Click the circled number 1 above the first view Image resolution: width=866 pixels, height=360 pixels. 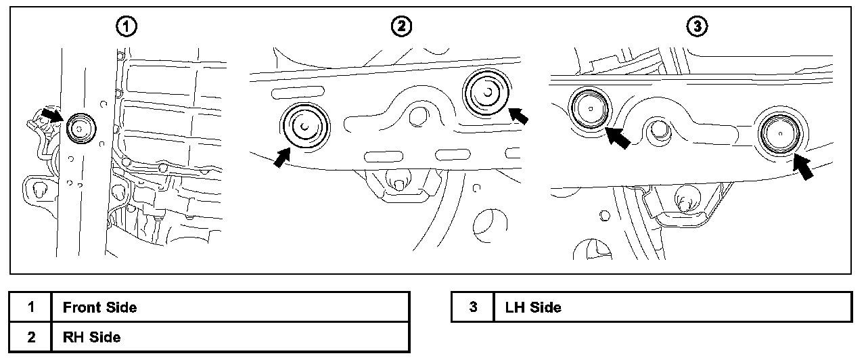click(127, 26)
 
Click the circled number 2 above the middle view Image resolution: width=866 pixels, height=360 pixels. click(401, 26)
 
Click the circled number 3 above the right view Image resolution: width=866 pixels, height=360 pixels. click(697, 26)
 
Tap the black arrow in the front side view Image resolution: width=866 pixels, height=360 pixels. click(51, 114)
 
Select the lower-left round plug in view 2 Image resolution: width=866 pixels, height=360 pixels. click(304, 126)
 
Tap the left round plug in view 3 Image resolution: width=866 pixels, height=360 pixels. click(589, 108)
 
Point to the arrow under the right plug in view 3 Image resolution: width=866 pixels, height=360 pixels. click(803, 166)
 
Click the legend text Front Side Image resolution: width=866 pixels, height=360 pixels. click(99, 307)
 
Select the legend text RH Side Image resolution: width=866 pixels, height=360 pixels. click(92, 337)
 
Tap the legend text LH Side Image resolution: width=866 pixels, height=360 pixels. click(533, 307)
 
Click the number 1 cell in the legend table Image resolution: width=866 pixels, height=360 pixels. click(31, 307)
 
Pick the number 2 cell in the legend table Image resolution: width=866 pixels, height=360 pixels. click(31, 337)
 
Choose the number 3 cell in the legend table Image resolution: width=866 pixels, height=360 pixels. click(473, 307)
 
